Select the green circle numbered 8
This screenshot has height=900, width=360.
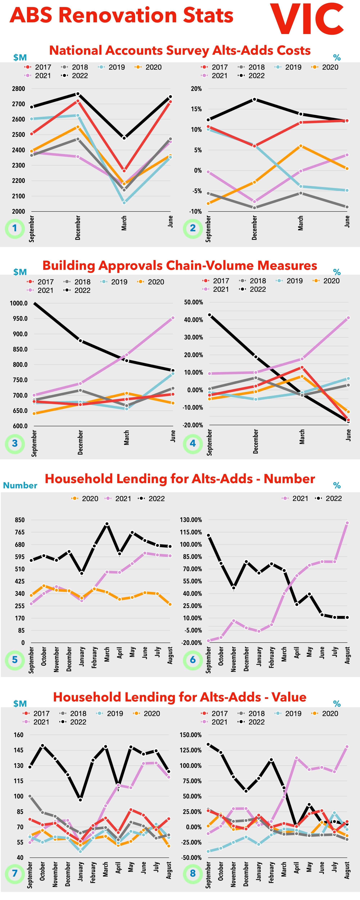pyautogui.click(x=193, y=873)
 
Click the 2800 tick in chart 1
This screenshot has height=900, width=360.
pyautogui.click(x=19, y=89)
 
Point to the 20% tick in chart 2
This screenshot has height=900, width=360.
pyautogui.click(x=196, y=89)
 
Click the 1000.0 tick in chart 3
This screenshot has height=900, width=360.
pyautogui.click(x=19, y=303)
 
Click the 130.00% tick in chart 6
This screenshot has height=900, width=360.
pyautogui.click(x=191, y=520)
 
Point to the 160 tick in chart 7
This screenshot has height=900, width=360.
pyautogui.click(x=19, y=735)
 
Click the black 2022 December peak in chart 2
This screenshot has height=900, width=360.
pyautogui.click(x=255, y=99)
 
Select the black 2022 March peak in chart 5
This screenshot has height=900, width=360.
pyautogui.click(x=107, y=524)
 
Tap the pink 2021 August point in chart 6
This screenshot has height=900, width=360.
pyautogui.click(x=347, y=523)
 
